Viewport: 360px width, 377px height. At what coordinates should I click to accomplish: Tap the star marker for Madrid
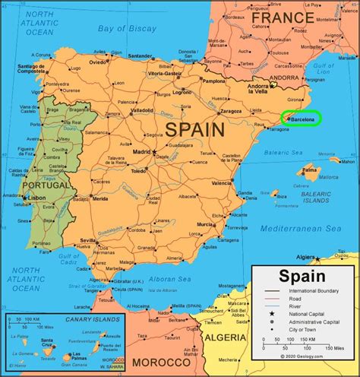tap(154, 152)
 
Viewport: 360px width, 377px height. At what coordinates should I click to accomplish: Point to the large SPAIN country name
tap(195, 129)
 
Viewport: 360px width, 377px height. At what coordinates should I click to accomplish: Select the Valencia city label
tap(222, 183)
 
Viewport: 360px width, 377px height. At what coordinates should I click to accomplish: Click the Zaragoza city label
tap(231, 111)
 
